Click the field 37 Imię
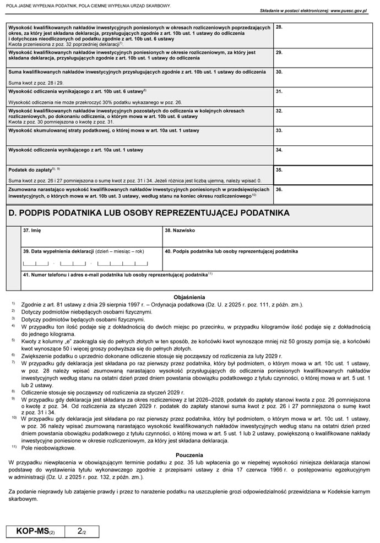(x=91, y=237)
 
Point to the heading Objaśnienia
(x=189, y=296)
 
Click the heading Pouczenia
(x=189, y=455)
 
